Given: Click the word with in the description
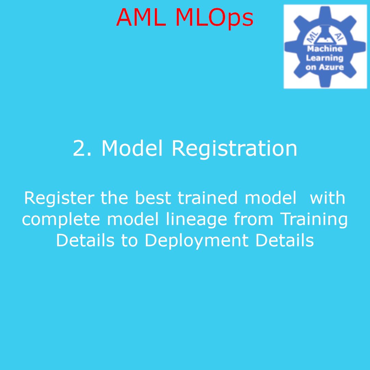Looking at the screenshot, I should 328,198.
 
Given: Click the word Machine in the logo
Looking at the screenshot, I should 324,49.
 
